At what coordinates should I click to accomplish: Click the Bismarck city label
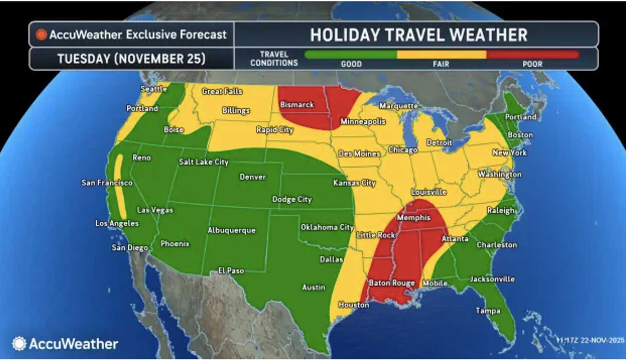[x=297, y=105]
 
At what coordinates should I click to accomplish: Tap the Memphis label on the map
[x=413, y=217]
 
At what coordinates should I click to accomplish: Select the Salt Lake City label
[x=204, y=162]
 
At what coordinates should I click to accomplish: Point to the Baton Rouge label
[x=391, y=283]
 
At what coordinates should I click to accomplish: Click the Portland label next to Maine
[x=521, y=117]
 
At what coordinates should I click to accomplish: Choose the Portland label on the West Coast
[x=142, y=108]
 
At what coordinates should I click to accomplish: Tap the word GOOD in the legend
[x=351, y=64]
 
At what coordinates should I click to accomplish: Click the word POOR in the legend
[x=532, y=64]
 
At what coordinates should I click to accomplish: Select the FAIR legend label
[x=441, y=64]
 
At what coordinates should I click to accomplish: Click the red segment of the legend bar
[x=532, y=55]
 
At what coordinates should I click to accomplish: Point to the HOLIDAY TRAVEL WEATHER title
[x=418, y=35]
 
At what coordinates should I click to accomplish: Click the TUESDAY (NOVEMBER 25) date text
[x=131, y=59]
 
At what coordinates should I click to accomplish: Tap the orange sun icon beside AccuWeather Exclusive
[x=41, y=35]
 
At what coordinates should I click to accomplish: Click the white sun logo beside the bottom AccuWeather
[x=19, y=343]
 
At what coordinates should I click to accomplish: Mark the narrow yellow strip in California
[x=120, y=187]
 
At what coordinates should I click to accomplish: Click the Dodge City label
[x=292, y=199]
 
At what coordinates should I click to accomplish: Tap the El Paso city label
[x=231, y=270]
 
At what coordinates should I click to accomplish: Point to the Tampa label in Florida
[x=488, y=310]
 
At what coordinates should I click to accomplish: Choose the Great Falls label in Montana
[x=222, y=91]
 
